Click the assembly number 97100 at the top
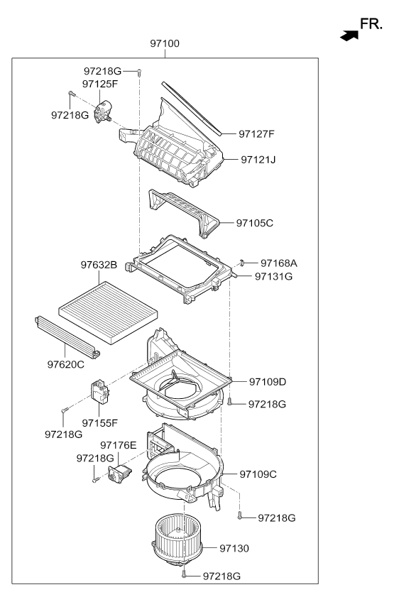coord(165,43)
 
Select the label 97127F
coord(256,133)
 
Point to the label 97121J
coord(257,160)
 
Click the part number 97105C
coord(255,223)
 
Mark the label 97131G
coord(273,276)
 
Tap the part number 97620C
coord(66,364)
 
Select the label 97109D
coord(268,382)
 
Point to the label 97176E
coord(118,445)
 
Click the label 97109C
coord(258,474)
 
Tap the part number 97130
coord(234,549)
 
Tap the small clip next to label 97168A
coord(241,263)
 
